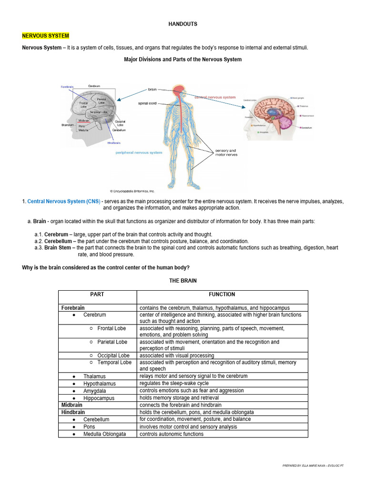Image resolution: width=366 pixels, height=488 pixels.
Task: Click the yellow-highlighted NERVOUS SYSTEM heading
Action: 46,36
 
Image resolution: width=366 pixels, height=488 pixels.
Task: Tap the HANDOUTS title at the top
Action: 183,24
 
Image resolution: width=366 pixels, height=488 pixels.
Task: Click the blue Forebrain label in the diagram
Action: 67,87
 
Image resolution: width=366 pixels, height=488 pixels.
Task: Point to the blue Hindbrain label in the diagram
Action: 114,142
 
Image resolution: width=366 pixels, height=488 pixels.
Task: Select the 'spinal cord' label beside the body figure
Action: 147,103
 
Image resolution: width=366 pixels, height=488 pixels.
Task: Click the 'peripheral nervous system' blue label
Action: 139,153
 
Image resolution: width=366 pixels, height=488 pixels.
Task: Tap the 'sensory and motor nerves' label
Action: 225,153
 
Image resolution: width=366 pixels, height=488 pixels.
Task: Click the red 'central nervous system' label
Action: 215,97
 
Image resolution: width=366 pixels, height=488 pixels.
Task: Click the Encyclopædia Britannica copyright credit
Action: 132,191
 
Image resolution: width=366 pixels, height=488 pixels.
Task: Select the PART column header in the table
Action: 97,295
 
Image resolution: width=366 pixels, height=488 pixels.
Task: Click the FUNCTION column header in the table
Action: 222,295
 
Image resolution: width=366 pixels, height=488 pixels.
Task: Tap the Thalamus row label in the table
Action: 94,376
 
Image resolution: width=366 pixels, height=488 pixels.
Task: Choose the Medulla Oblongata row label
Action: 104,434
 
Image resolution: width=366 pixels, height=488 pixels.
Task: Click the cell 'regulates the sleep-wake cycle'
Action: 174,383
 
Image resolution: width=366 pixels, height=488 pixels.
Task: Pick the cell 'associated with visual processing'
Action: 177,356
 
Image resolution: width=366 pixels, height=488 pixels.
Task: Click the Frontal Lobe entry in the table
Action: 112,328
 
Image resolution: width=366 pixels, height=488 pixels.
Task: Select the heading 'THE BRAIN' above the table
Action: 183,281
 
